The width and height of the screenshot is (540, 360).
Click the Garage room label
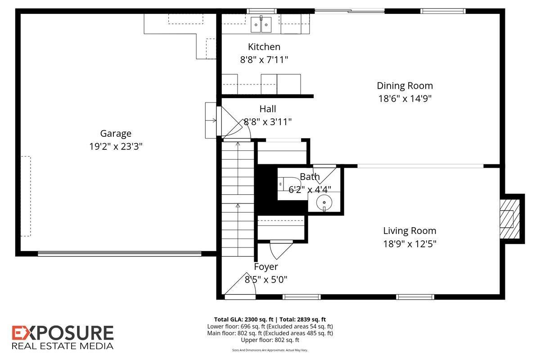[116, 134]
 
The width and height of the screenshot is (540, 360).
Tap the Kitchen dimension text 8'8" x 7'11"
[264, 59]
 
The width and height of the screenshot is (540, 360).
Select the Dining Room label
[405, 86]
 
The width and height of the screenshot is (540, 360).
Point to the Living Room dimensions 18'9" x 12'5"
[409, 244]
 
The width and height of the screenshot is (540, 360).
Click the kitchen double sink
[261, 24]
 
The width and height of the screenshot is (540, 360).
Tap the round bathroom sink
[324, 202]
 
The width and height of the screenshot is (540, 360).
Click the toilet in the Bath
[289, 184]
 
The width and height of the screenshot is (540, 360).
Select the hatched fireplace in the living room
[509, 219]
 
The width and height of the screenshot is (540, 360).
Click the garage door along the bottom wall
[120, 253]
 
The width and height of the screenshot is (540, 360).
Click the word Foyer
[266, 267]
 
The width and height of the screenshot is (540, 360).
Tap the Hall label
[268, 109]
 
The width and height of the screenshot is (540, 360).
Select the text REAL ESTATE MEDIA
[63, 346]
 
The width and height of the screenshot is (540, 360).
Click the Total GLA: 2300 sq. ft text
[244, 319]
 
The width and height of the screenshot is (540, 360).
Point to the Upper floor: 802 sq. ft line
[270, 340]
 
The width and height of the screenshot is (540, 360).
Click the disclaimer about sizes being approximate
[270, 350]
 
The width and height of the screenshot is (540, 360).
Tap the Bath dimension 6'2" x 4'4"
[310, 190]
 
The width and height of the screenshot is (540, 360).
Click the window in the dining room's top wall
[443, 11]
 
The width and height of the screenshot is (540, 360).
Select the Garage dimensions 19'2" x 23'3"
[116, 146]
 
